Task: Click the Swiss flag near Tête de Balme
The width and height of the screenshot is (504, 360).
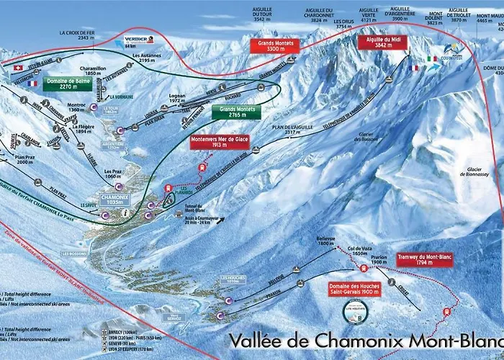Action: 17,67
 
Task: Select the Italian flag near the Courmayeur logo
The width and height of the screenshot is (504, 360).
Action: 432,59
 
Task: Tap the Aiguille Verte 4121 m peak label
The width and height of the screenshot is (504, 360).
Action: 368,17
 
